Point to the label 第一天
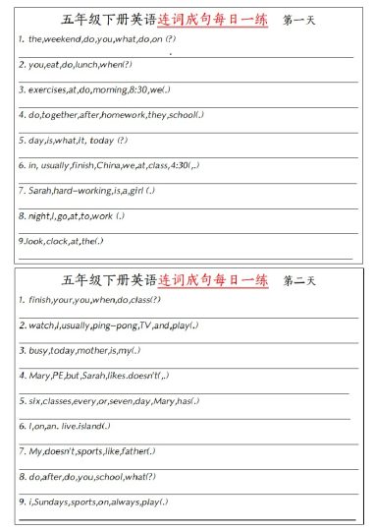point(298,20)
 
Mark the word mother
point(94,349)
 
